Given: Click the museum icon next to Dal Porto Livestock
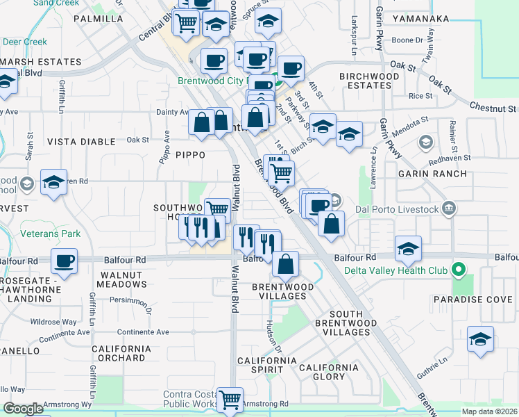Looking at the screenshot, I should (450, 208).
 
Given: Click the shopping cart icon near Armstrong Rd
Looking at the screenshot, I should (230, 399).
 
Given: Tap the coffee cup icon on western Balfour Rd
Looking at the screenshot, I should (65, 261).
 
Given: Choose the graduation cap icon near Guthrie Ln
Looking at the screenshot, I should (480, 338).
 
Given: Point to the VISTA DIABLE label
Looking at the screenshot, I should (81, 142).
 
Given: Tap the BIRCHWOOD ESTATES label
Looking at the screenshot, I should (370, 81).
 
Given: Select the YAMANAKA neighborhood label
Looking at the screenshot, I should (420, 19).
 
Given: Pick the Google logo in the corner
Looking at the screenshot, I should (23, 409).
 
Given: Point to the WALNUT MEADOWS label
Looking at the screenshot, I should (121, 280).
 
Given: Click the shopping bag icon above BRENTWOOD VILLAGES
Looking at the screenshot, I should (285, 263).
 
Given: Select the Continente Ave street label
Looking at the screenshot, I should (144, 332).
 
